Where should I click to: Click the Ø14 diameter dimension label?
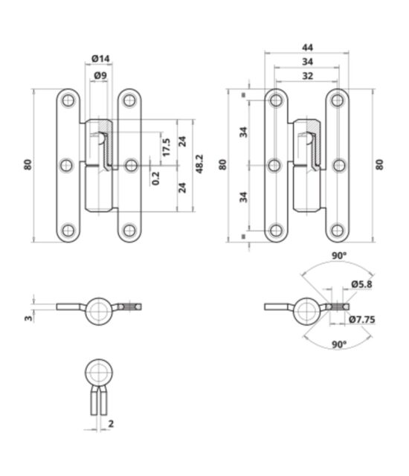100,58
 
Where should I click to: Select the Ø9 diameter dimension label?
100,75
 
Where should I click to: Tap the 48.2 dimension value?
199,164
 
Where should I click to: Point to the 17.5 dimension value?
166,147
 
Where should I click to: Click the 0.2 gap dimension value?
155,178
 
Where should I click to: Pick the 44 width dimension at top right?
307,48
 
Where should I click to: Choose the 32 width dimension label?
307,76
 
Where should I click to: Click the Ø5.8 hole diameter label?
361,284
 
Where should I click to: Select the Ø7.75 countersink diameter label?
362,319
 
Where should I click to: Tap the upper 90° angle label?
339,256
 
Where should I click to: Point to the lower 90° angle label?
339,344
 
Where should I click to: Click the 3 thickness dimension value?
28,318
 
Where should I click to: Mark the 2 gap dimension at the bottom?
111,423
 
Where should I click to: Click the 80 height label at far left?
28,164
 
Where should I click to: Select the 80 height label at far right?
379,164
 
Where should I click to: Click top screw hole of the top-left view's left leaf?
68,100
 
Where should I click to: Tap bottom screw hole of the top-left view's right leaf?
129,231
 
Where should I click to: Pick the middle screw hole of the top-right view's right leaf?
338,166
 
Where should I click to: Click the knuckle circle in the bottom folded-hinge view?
99,373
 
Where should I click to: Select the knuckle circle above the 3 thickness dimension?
99,312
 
